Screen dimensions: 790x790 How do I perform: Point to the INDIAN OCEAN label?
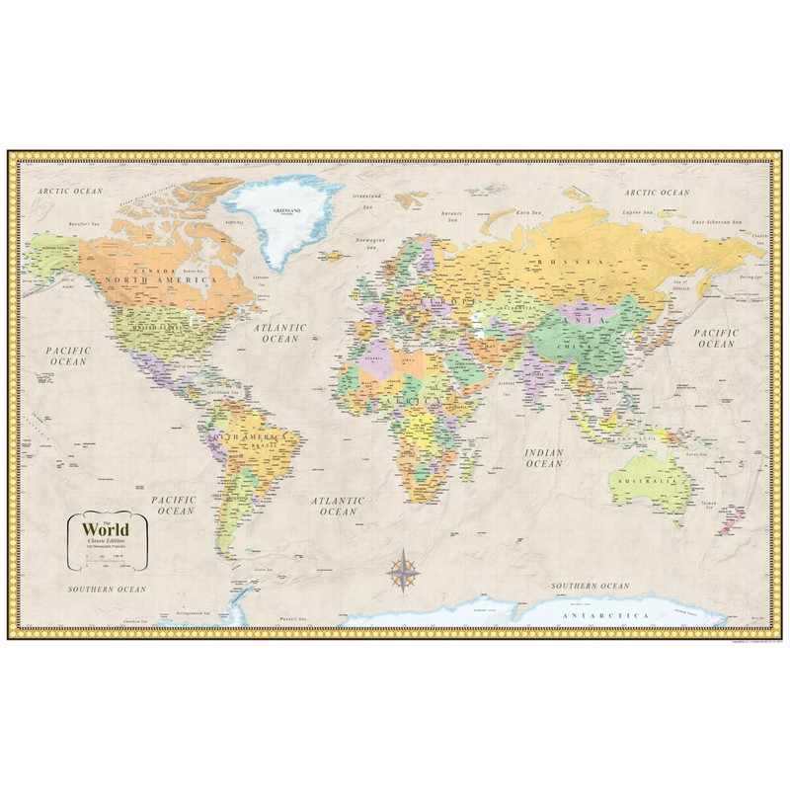(542, 454)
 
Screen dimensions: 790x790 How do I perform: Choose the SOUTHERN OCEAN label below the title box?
(107, 588)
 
